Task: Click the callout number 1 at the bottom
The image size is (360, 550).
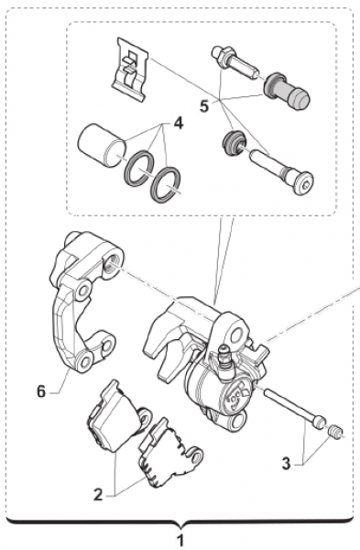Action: [180, 541]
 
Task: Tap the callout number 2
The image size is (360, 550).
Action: [99, 495]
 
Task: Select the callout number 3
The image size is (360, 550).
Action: [287, 464]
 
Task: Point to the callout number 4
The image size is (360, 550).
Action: [178, 123]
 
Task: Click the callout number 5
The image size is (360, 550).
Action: [204, 106]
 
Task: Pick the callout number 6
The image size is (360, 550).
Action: [41, 391]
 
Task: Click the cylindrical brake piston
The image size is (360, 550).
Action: [102, 145]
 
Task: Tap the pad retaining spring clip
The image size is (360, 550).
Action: [130, 69]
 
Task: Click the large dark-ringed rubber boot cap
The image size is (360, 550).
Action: [287, 91]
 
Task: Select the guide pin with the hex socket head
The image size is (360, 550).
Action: [281, 171]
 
